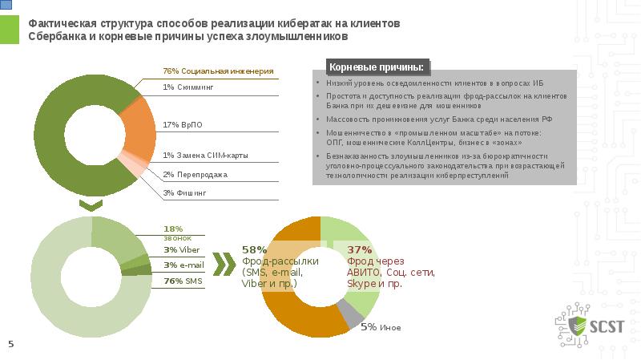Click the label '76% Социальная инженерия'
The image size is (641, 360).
[x=218, y=72]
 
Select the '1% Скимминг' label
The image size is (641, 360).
[x=188, y=87]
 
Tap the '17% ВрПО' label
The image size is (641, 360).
[x=182, y=125]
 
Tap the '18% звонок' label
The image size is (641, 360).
[x=173, y=233]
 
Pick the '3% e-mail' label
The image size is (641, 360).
[x=182, y=265]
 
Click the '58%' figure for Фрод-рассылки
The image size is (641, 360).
[x=254, y=249]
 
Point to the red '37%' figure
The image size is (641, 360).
[x=360, y=249]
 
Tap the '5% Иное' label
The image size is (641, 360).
[x=380, y=327]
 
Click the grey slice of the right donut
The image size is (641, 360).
[x=349, y=313]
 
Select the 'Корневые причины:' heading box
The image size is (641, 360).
[x=376, y=67]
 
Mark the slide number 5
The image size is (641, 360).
[x=11, y=344]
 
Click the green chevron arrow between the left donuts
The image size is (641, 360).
[x=92, y=206]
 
